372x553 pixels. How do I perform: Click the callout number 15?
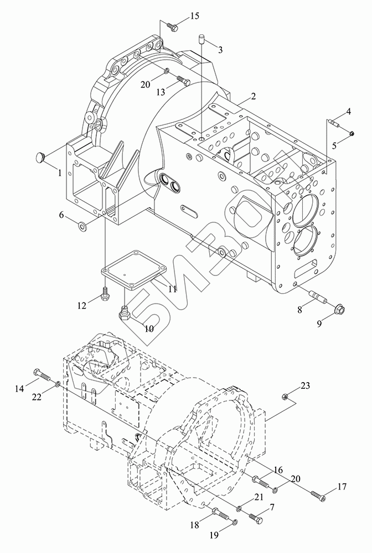[x=195, y=16]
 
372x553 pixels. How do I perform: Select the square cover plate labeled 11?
[x=134, y=270]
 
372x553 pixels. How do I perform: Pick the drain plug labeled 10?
[x=125, y=312]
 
